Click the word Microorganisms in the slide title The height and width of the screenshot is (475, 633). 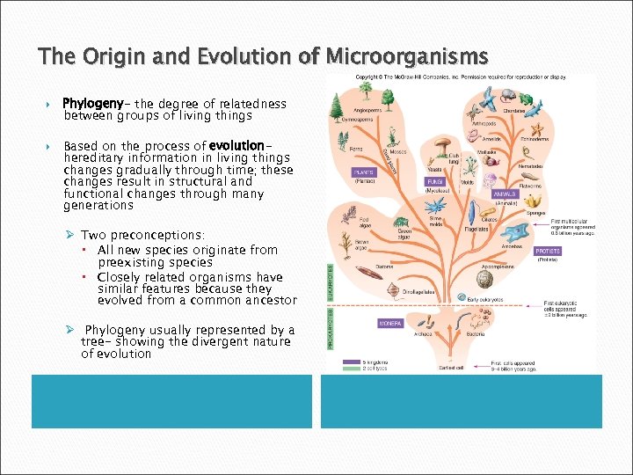(406, 57)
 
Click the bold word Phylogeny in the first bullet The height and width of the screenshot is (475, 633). (91, 104)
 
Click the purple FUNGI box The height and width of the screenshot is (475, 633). (435, 181)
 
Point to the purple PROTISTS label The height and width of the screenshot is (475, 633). (548, 251)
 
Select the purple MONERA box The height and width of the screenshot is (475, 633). (390, 324)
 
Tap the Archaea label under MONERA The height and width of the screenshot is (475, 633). (423, 333)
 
